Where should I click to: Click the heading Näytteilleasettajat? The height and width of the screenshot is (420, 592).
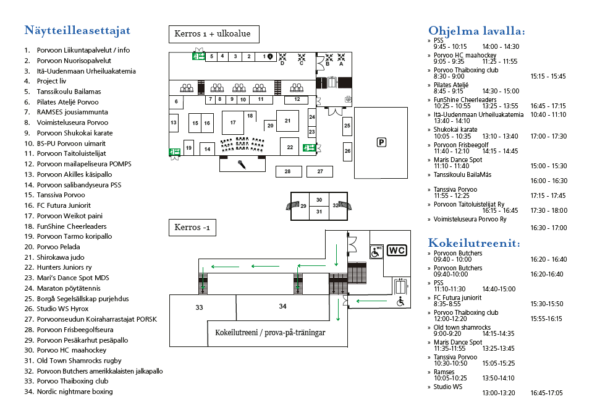pos(77,31)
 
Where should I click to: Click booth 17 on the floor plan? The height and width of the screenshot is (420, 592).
pos(233,122)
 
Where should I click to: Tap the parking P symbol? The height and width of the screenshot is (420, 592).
pos(381,142)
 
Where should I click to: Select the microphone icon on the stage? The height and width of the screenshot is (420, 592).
pos(242,165)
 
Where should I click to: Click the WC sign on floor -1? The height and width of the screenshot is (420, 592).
pos(397,251)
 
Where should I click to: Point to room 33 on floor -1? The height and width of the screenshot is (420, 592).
pos(200,307)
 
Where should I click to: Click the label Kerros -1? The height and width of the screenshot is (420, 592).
pos(192,228)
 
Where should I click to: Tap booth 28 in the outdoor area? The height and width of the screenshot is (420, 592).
pos(289,171)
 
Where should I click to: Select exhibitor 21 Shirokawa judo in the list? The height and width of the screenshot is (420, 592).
pos(54,257)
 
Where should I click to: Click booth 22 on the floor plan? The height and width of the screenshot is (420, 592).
pos(290,147)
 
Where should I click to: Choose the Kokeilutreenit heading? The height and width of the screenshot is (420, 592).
pos(474,242)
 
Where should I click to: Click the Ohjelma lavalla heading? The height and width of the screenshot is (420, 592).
pos(476,31)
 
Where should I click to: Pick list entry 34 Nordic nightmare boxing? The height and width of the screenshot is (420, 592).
pos(69,392)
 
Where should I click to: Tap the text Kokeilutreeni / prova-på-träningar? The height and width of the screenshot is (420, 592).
pos(270,333)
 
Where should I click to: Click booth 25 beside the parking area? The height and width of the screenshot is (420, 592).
pos(347,126)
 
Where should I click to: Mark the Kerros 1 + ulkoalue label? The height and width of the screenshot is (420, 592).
pos(214,34)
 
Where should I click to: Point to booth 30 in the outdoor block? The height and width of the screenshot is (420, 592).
pos(319,199)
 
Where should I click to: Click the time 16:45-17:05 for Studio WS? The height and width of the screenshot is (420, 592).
pos(546,393)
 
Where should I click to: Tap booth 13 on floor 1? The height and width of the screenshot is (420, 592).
pos(174,122)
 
